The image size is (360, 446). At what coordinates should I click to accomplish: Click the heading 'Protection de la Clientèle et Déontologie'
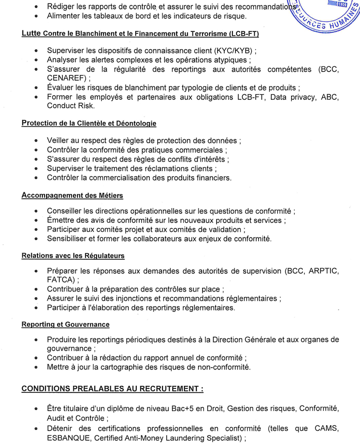pyautogui.click(x=89, y=124)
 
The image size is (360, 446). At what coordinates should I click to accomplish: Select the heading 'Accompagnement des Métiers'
pyautogui.click(x=72, y=195)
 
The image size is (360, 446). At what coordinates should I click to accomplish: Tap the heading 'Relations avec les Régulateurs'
pyautogui.click(x=73, y=256)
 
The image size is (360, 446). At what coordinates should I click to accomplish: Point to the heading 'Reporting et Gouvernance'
pyautogui.click(x=65, y=324)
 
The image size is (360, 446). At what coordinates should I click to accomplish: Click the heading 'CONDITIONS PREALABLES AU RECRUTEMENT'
pyautogui.click(x=112, y=389)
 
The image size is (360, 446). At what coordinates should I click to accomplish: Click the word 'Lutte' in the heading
pyautogui.click(x=31, y=34)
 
